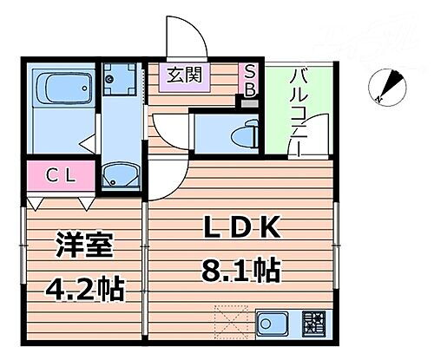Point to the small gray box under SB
pos(251,101)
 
